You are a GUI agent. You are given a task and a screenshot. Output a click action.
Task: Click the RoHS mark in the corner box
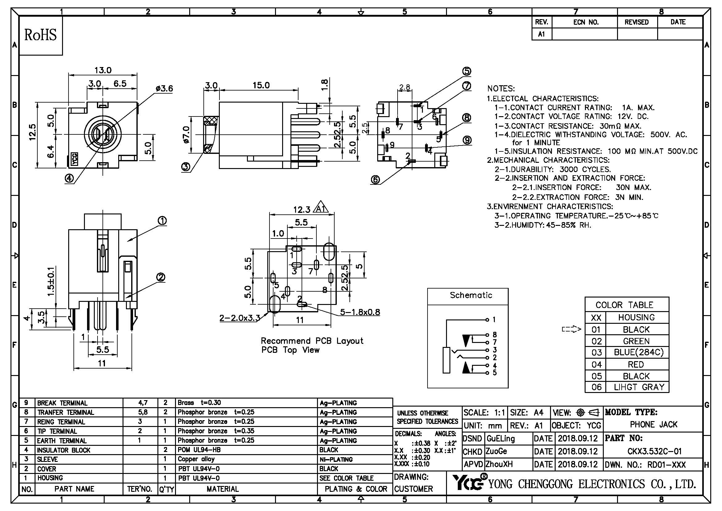tap(40, 35)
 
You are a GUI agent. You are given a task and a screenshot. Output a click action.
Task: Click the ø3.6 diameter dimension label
tap(164, 89)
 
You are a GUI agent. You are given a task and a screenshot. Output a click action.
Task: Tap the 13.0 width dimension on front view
tap(103, 70)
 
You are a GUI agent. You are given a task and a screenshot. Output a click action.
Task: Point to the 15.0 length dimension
tap(261, 85)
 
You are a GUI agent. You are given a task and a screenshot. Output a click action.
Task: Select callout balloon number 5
tap(467, 71)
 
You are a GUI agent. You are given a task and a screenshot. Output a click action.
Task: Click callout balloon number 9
tap(467, 140)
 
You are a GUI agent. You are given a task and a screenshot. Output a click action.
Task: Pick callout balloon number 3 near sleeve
tap(186, 167)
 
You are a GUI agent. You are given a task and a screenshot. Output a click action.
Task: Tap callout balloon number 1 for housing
tap(162, 221)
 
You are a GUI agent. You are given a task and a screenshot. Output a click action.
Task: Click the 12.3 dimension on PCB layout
tap(302, 209)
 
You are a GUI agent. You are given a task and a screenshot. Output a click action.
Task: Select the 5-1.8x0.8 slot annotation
tap(360, 312)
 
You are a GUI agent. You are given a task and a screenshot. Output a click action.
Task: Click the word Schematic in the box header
tap(471, 295)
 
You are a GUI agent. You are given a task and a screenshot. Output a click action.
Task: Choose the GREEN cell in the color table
tap(636, 341)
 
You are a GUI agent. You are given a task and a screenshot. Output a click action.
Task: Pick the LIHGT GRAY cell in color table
tap(639, 387)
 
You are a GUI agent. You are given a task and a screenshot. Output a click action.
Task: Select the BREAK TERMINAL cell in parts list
tap(62, 403)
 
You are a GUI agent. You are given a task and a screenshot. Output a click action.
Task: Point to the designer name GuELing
tap(500, 438)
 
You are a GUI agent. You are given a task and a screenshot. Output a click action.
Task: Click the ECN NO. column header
tap(586, 22)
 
